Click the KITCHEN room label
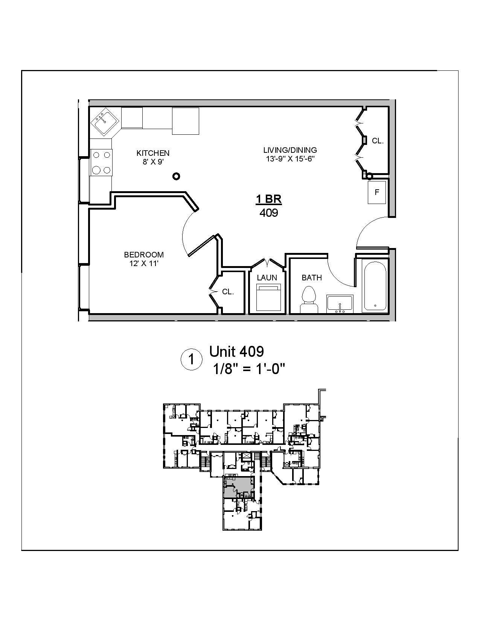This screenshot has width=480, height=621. [153, 153]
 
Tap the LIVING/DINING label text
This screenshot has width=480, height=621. [290, 150]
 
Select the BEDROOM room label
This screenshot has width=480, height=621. [144, 255]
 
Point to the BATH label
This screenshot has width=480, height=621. [312, 278]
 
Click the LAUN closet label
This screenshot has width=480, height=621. [267, 278]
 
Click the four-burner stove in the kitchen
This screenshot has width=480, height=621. [102, 162]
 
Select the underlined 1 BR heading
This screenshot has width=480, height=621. [269, 199]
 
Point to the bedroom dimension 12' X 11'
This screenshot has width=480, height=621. [144, 263]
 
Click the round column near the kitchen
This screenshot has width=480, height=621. [176, 176]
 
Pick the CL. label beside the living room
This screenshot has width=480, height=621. [378, 141]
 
